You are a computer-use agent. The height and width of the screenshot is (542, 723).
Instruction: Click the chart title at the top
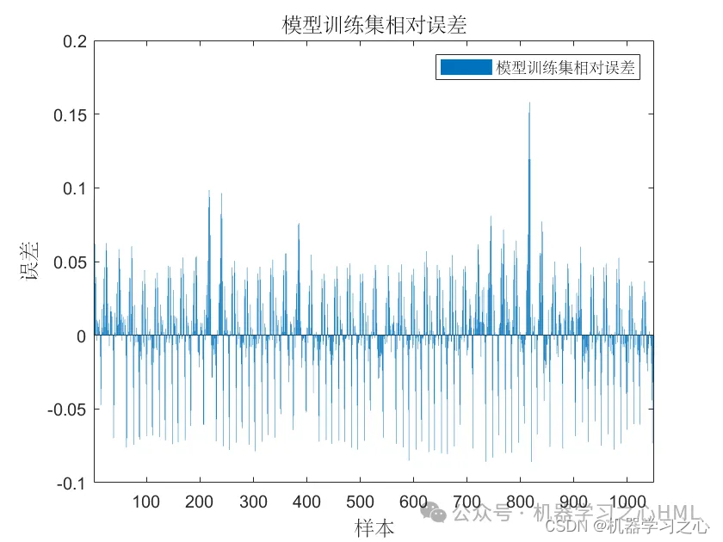click(374, 25)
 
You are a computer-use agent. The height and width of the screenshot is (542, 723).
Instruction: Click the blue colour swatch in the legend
click(466, 68)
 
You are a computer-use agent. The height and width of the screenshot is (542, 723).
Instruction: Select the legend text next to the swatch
click(565, 68)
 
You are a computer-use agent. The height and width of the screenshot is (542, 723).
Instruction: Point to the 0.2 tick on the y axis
click(76, 40)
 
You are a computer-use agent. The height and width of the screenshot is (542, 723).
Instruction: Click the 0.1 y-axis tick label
click(76, 188)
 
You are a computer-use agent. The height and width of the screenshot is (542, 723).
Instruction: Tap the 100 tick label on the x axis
click(146, 502)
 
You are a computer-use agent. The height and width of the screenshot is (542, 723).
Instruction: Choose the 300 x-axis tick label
click(253, 502)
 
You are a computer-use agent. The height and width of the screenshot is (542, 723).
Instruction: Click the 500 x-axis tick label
click(360, 502)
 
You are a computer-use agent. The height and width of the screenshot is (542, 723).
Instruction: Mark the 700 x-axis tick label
click(467, 502)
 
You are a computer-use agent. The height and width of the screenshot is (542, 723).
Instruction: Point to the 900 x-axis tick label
click(573, 502)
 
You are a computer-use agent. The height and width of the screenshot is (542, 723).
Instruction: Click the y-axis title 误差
click(31, 262)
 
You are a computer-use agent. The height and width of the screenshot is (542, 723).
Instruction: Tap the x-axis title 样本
click(374, 527)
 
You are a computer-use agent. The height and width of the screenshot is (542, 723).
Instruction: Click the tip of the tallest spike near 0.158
click(529, 103)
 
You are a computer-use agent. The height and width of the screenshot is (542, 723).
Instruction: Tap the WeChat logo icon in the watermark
click(438, 514)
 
